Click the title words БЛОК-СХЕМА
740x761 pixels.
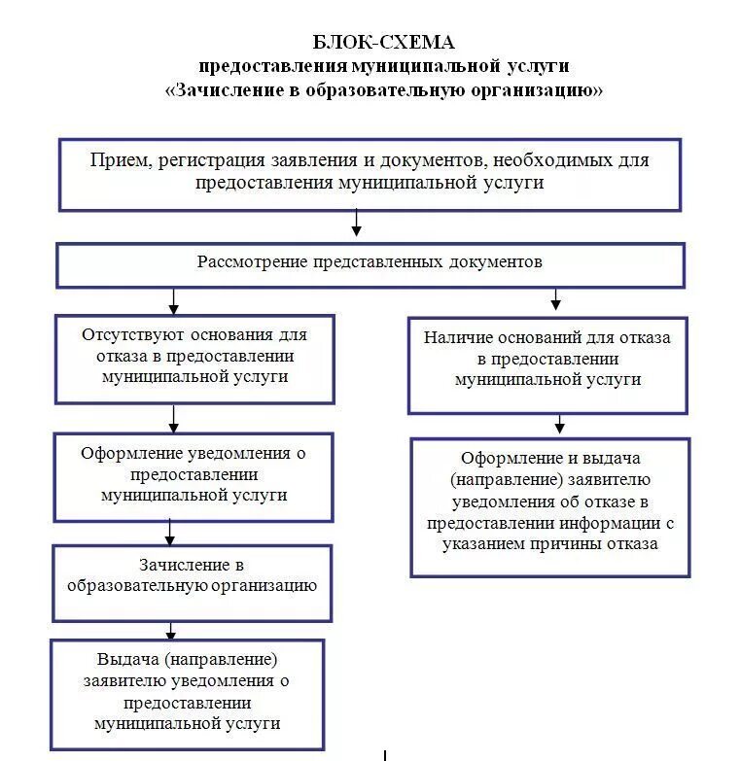coord(383,43)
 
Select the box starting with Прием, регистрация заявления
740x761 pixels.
coord(370,174)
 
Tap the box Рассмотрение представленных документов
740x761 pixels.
coord(370,264)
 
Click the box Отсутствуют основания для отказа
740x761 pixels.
coord(194,358)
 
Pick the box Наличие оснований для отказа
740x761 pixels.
coord(547,364)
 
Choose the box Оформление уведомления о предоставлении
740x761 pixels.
coord(194,476)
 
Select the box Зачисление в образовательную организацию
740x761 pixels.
coord(192,581)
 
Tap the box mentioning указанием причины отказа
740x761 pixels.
coord(549,505)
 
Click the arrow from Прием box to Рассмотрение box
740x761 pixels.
coord(357,225)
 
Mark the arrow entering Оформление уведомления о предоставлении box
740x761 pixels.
coord(174,419)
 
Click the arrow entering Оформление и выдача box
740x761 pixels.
coord(559,425)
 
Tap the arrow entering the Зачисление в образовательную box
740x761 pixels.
coord(170,532)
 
